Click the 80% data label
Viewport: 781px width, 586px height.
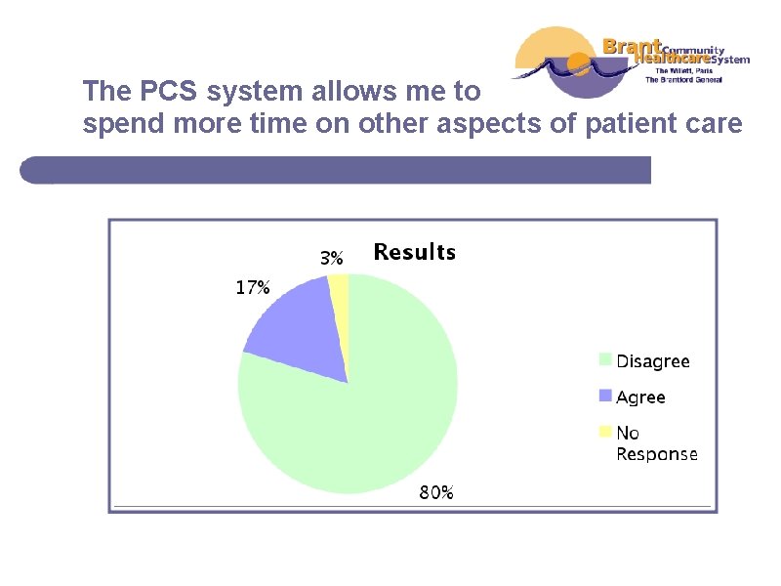coord(436,493)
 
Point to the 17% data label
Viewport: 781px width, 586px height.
coord(252,288)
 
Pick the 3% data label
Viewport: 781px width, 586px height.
coord(332,259)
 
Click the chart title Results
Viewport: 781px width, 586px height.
coord(414,253)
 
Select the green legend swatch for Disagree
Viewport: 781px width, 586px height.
coord(605,360)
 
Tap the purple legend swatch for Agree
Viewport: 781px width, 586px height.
coord(605,397)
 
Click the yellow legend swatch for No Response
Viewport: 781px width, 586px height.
coord(605,432)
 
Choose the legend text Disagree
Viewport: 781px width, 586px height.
coord(652,361)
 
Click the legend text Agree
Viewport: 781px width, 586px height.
coord(640,398)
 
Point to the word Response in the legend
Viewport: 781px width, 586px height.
coord(656,454)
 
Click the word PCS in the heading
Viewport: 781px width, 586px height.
coord(175,93)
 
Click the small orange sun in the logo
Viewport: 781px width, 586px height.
coord(579,67)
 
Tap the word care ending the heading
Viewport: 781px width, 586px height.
coord(716,125)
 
